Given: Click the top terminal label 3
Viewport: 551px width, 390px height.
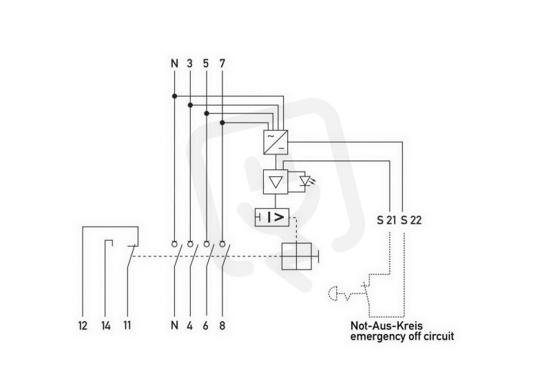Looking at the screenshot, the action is click(x=190, y=63).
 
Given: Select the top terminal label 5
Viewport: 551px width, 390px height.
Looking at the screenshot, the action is click(x=206, y=63).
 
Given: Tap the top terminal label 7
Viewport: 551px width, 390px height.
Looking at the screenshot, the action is click(x=222, y=63).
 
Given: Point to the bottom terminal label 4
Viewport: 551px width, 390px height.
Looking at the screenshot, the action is click(x=190, y=326).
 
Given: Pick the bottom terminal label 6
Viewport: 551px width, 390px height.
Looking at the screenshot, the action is click(x=205, y=326).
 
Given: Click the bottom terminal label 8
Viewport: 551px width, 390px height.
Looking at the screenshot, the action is click(x=222, y=326).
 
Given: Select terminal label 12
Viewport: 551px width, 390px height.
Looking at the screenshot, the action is click(x=83, y=326).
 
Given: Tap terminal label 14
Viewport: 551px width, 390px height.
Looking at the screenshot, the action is click(x=106, y=326).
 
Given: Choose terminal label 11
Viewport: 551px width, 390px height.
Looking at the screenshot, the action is click(x=127, y=326).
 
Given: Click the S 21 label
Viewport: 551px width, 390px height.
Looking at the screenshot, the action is click(x=386, y=220).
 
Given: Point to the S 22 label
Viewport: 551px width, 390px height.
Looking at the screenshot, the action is click(x=411, y=220).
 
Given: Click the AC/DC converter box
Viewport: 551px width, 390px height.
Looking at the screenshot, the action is click(x=276, y=142).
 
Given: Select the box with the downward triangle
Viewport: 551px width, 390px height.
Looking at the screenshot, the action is click(x=275, y=182).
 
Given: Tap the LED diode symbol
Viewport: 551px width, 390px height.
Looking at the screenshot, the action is click(x=305, y=181).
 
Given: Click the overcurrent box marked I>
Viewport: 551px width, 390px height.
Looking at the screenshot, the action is click(x=271, y=217).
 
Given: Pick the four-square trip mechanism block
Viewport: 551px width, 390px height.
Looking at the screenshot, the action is click(x=297, y=256).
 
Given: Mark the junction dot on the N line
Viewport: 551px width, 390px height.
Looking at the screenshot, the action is click(x=175, y=96).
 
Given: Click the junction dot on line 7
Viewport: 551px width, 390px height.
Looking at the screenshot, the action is click(x=222, y=123).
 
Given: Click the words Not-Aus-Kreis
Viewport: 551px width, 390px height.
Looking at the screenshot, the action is click(x=386, y=326).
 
